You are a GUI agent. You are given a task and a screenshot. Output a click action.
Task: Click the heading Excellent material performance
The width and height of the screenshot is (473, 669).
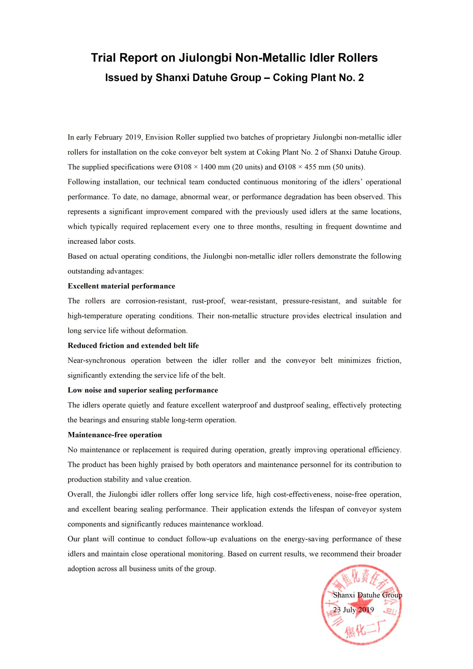121,286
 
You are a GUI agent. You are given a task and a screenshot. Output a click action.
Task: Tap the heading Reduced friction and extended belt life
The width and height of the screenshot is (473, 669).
133,345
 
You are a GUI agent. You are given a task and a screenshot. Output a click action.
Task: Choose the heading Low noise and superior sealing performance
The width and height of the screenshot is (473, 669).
143,390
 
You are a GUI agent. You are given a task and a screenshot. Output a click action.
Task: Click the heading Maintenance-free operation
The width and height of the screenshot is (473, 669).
114,435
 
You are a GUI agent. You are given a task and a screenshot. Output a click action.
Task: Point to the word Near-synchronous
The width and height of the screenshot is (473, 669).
96,360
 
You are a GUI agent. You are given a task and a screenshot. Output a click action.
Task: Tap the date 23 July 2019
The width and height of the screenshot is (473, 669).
353,610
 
